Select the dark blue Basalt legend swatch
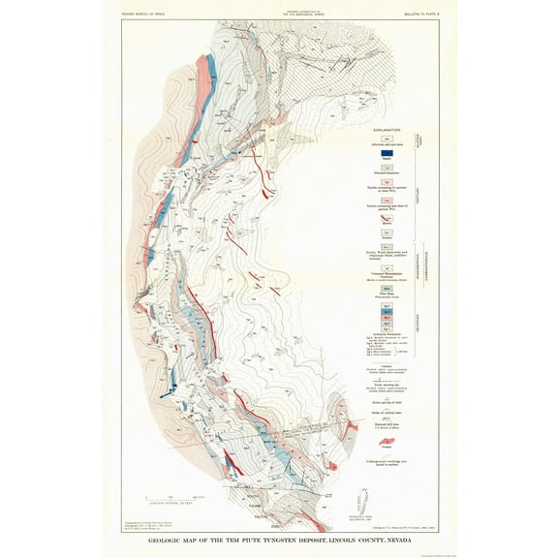pos(386,151)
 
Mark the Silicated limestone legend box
pos(386,168)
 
